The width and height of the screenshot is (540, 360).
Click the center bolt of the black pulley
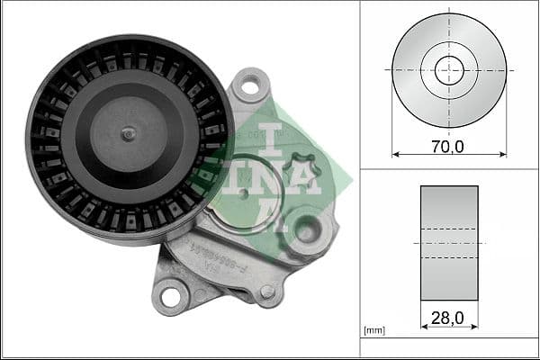[129, 133]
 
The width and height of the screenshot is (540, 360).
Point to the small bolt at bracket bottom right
[266, 292]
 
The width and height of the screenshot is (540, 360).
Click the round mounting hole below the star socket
[307, 230]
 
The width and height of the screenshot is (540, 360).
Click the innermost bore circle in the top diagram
[449, 68]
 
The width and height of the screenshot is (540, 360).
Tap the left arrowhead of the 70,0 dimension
[396, 155]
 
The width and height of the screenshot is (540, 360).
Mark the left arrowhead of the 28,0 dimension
[424, 328]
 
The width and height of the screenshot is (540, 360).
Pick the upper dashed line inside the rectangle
[449, 229]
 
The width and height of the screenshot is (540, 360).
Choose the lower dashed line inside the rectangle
[449, 258]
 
